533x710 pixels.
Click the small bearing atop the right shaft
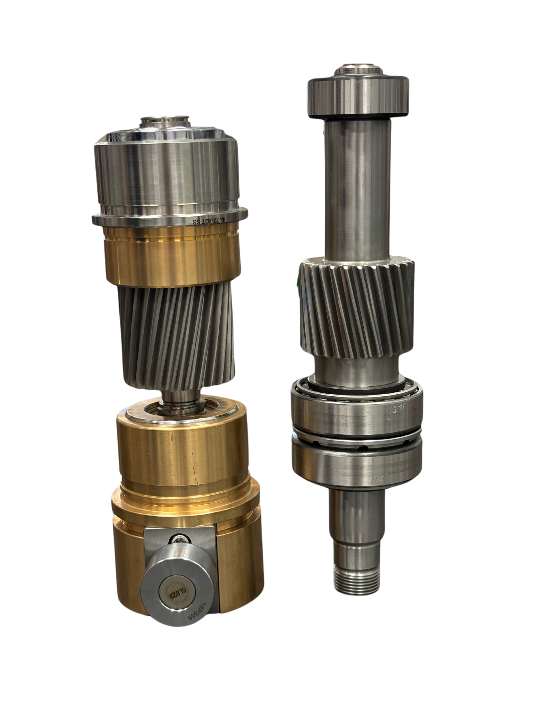click(x=358, y=95)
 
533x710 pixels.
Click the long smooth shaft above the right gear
click(x=357, y=187)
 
